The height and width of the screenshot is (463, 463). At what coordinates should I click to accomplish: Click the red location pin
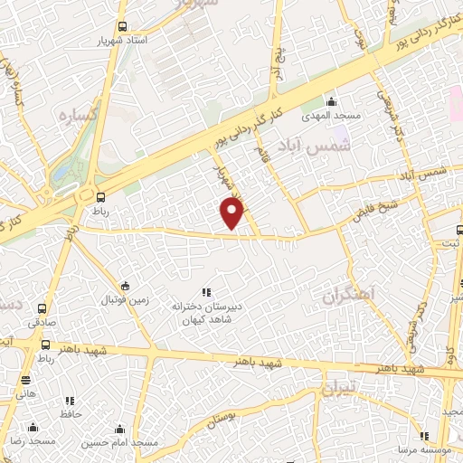click(233, 213)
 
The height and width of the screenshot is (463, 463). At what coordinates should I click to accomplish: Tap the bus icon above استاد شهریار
click(123, 27)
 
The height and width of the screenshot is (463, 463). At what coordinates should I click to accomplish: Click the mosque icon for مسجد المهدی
click(331, 101)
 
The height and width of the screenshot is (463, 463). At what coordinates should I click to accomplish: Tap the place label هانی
click(25, 393)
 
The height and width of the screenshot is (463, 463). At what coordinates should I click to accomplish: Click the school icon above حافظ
click(70, 401)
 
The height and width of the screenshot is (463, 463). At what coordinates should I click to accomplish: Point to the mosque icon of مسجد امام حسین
click(119, 430)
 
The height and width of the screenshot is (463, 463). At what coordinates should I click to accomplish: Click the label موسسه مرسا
click(437, 449)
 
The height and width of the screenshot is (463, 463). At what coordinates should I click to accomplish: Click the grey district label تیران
click(342, 391)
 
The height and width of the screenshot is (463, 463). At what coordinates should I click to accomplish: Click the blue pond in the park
click(61, 167)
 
